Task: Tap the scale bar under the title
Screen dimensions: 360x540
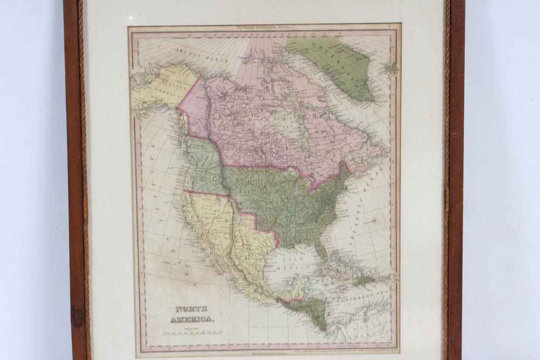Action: [x=192, y=333]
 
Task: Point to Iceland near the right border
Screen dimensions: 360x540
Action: [x=391, y=69]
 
